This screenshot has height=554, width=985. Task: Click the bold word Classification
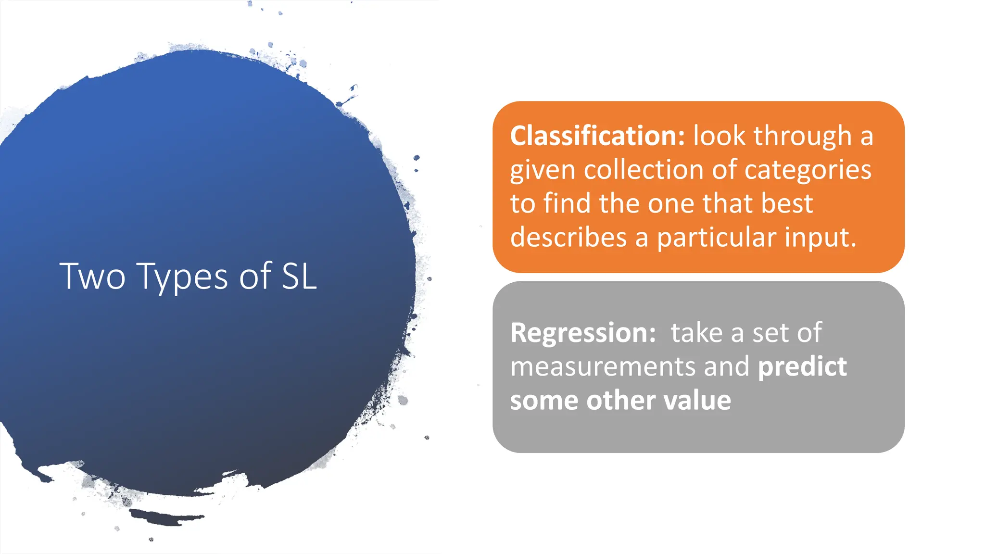coord(597,136)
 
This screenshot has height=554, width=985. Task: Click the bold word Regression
coord(582,333)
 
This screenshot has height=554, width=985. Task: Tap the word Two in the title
coord(92,277)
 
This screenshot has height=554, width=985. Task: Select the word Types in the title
coord(182,277)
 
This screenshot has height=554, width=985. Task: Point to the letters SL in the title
coord(299,277)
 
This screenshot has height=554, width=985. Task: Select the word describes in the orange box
coord(568,238)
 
